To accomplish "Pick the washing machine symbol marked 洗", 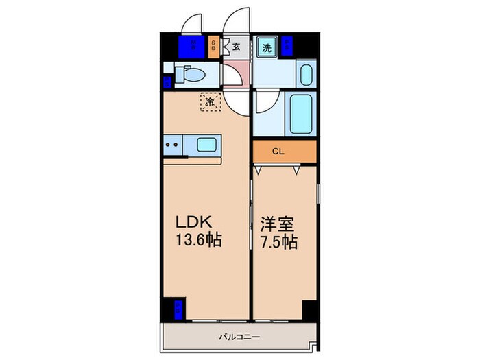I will coord(266,48).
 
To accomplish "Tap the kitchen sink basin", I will coord(208,145).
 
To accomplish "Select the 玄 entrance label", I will coord(236,47).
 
